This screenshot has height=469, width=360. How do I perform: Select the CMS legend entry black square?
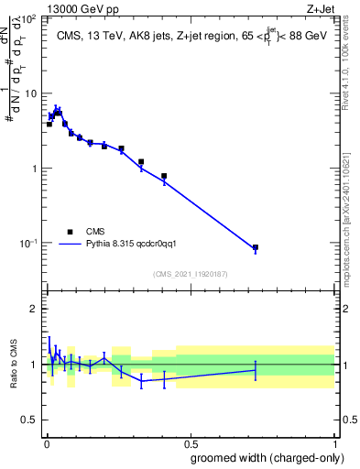click(70, 232)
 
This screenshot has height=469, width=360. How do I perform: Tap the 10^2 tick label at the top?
click(30, 19)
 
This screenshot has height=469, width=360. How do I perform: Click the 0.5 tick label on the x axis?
click(190, 442)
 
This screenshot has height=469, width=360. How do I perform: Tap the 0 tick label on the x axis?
click(45, 442)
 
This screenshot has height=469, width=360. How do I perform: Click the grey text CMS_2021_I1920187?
click(191, 274)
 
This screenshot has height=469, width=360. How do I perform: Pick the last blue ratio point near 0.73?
click(256, 369)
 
